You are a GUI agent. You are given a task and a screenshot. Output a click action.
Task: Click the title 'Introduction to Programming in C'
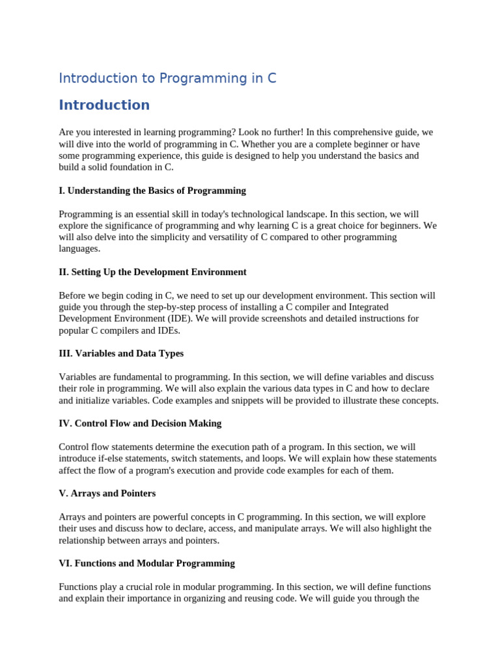(x=167, y=78)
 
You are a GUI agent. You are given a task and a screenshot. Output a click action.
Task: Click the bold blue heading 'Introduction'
(x=104, y=105)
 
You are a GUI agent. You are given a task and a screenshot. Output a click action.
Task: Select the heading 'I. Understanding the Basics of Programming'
(x=152, y=191)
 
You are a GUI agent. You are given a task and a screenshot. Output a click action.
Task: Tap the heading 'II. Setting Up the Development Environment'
(x=152, y=272)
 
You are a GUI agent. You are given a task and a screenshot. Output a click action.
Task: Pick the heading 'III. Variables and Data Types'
(x=121, y=353)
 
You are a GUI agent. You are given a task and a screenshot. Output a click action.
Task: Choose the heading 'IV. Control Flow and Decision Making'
(x=140, y=423)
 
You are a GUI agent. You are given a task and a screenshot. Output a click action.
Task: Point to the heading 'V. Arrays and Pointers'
(x=107, y=494)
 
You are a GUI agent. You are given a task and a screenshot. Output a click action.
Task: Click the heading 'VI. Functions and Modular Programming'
(x=146, y=563)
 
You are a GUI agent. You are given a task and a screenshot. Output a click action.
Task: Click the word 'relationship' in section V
(x=84, y=540)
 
